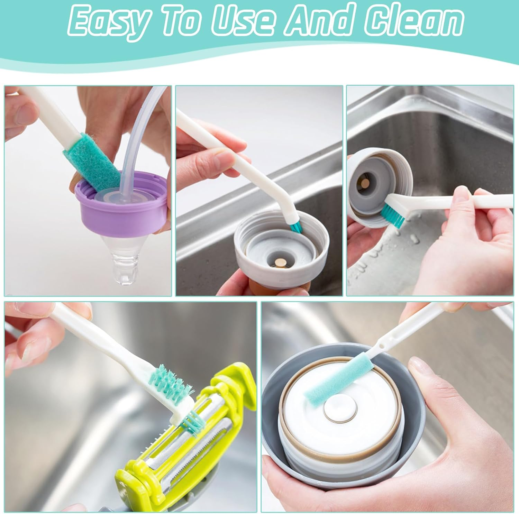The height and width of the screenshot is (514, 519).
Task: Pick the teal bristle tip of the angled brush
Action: coord(295,226)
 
